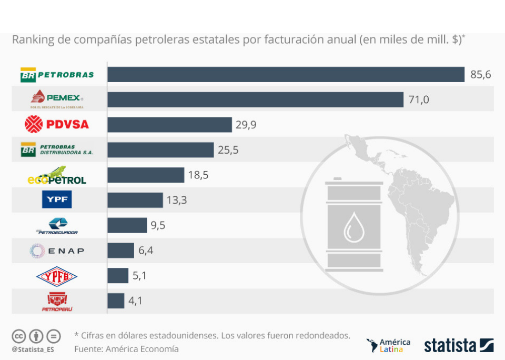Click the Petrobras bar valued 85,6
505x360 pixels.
pos(286,74)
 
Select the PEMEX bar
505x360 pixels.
pos(255,99)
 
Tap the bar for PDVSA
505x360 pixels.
pos(169,125)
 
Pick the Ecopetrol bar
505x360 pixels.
pos(146,175)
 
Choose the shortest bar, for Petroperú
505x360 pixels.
pos(116,301)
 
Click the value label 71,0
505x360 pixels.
pos(419,99)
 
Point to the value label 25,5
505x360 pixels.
pos(228,150)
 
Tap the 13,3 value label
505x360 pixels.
pos(177,201)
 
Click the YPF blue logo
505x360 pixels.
pos(57,199)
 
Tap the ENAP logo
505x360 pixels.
pos(57,251)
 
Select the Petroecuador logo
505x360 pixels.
pos(57,226)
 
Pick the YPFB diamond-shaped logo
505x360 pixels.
pos(57,276)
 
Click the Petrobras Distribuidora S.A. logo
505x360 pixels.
pos(57,150)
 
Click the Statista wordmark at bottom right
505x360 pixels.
pos(451,345)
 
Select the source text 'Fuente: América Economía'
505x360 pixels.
pos(126,349)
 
